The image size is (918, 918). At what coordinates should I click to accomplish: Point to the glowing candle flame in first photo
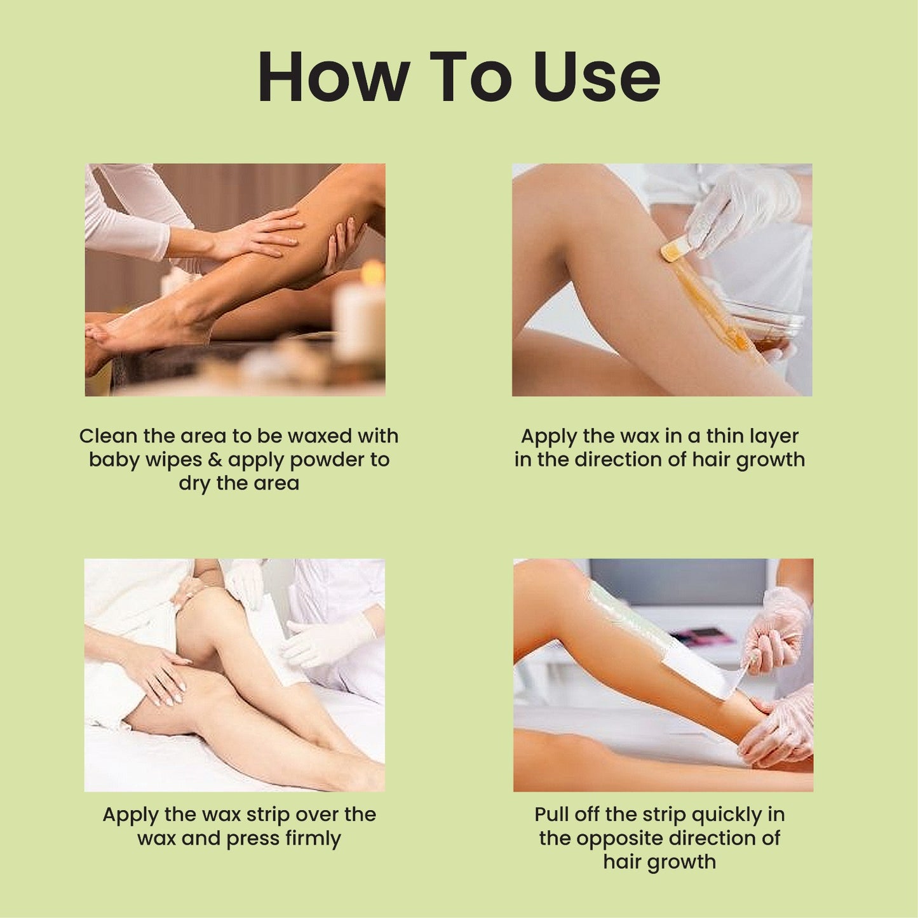click(372, 272)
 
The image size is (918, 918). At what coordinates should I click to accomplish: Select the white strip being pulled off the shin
click(699, 673)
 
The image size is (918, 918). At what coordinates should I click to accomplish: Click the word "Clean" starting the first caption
click(108, 436)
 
